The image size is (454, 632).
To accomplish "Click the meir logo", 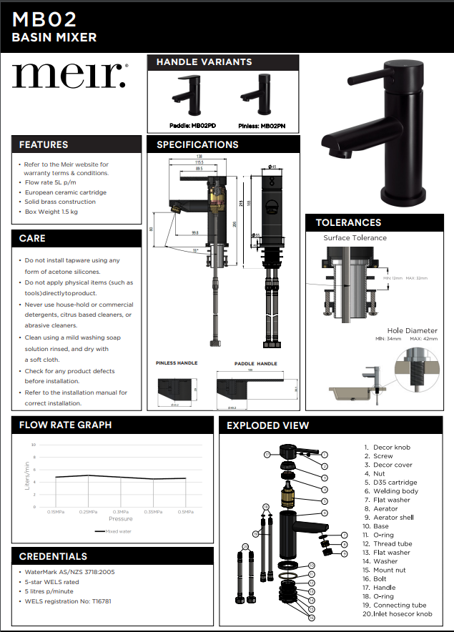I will coord(69,75).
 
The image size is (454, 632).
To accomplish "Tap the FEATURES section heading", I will coord(44,144).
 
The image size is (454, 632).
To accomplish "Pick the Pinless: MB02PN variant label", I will coord(262,125).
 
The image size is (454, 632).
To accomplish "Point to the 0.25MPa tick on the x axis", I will coord(88,512).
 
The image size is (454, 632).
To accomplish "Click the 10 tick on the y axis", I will coord(33,445).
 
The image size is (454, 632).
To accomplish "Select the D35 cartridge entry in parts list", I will coord(393,482).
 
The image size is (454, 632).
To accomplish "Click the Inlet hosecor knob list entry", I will coord(398,614).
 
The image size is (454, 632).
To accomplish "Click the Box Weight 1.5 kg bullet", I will coord(51,212).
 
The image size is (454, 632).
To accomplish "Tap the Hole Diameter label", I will coord(412,330).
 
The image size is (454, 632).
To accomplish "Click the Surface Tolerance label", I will coord(355,238).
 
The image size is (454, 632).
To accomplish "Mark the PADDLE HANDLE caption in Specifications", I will coord(255,364).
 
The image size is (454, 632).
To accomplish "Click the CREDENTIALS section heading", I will coord(53,556).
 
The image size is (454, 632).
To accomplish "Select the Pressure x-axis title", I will coord(121,518).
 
